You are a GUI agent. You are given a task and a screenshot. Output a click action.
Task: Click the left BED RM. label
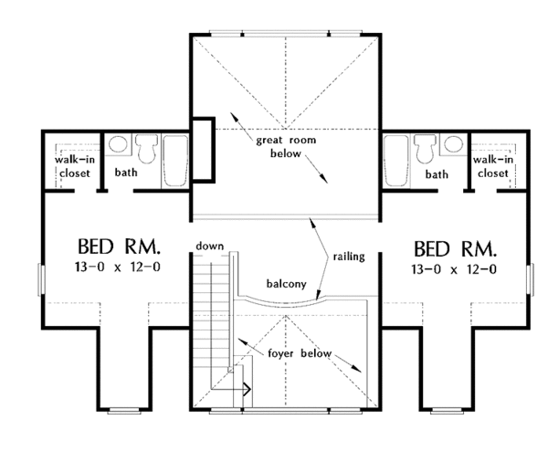(x=120, y=247)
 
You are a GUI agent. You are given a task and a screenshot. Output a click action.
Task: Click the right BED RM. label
(x=455, y=247)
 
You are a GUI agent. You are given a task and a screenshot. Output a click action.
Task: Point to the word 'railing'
(x=349, y=257)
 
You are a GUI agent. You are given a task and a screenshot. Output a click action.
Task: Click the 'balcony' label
(x=286, y=283)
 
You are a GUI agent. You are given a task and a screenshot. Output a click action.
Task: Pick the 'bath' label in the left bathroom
(x=127, y=172)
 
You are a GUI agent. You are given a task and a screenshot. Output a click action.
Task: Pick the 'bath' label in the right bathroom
(x=437, y=173)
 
